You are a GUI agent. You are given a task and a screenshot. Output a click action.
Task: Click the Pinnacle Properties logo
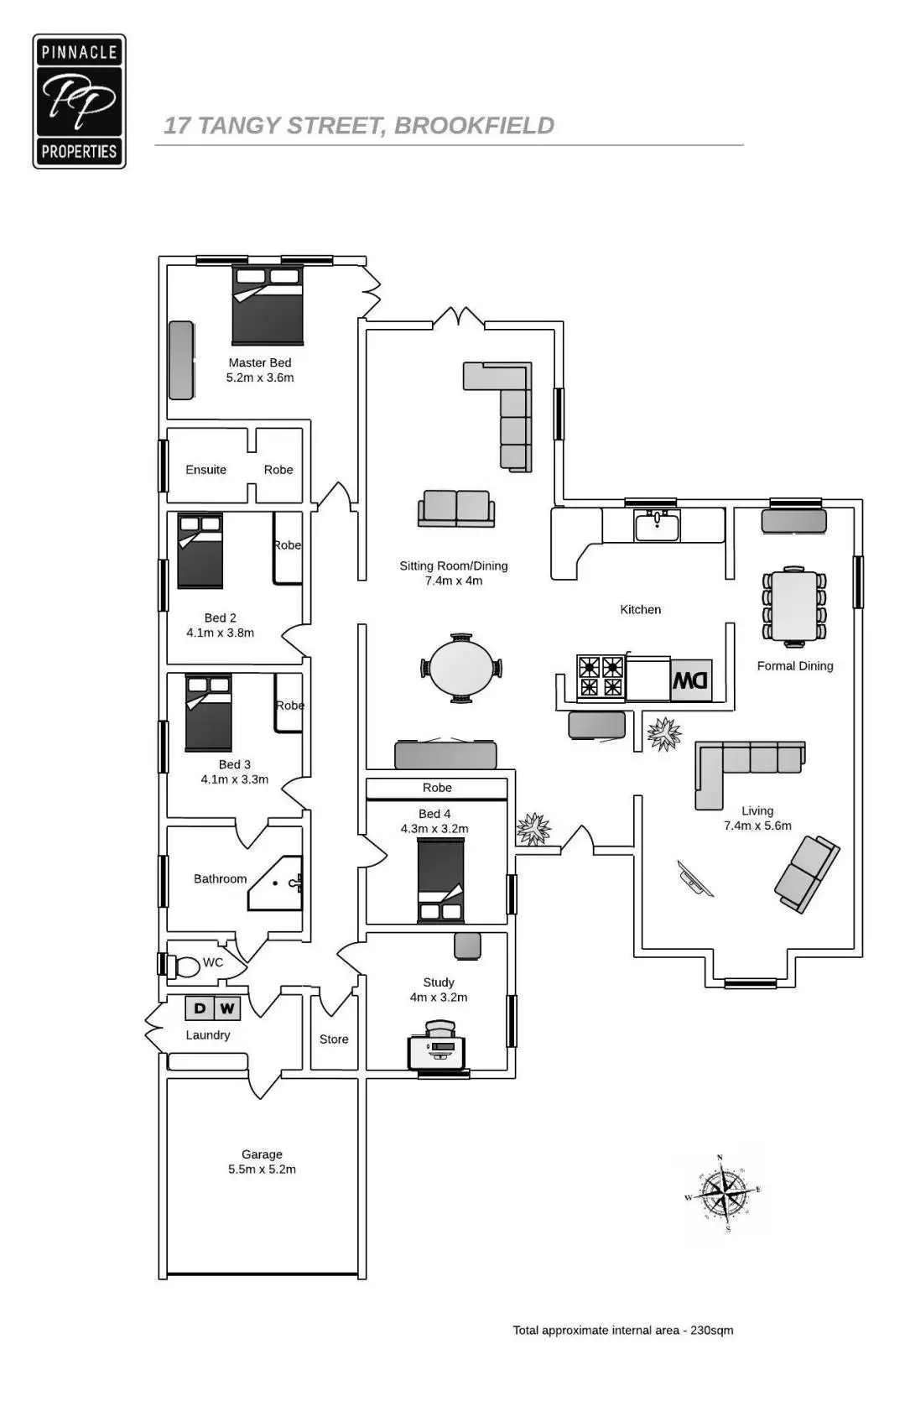79,102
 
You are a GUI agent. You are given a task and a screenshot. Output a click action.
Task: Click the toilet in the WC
185,966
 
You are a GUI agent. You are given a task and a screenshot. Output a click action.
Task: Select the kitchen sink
657,525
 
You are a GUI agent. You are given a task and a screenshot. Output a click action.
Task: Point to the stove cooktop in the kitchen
601,677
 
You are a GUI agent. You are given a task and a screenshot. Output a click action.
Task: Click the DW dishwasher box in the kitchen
691,680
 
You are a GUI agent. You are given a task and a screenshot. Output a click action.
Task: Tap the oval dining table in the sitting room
461,668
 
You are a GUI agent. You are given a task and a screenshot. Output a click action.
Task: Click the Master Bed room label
260,362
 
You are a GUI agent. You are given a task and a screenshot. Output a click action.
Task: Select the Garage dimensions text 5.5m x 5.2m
262,1170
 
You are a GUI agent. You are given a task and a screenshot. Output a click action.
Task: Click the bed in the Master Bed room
268,305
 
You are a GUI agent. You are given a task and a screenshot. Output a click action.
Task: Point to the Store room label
334,1039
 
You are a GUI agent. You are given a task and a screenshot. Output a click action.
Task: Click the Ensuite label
205,470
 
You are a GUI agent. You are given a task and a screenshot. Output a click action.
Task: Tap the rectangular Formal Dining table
794,605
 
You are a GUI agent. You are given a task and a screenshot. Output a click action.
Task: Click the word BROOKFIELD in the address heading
474,126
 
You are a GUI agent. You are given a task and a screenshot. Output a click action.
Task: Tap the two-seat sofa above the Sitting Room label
456,509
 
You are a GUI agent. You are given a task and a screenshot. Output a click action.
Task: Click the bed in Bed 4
441,881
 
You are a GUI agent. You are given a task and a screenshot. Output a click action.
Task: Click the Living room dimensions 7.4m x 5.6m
757,826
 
